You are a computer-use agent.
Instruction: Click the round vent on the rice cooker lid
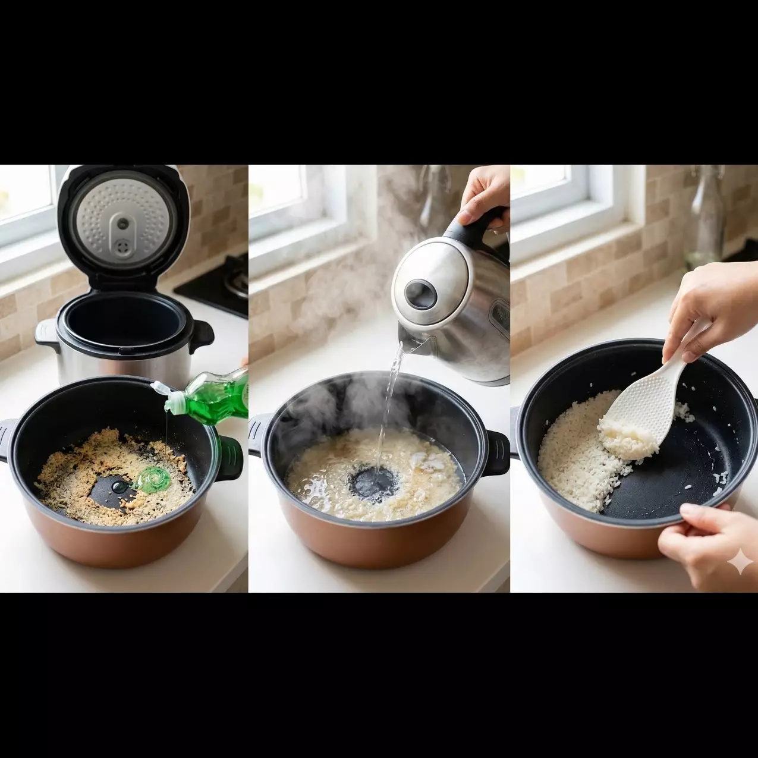[122, 223]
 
